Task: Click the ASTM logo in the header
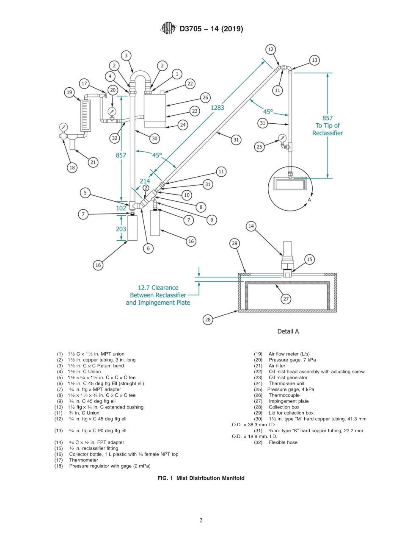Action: [x=168, y=29]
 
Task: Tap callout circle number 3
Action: [x=126, y=56]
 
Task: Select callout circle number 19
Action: [x=69, y=92]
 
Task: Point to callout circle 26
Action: [x=205, y=97]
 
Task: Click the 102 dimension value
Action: [x=121, y=208]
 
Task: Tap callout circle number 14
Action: [x=251, y=226]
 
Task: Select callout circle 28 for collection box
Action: [x=208, y=320]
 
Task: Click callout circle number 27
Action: [x=286, y=299]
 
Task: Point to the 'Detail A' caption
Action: [x=288, y=331]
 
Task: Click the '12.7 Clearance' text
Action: [x=154, y=287]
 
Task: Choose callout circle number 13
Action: [x=314, y=60]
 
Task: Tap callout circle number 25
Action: [x=260, y=147]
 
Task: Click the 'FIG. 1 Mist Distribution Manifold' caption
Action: [x=201, y=478]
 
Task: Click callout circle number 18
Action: [x=72, y=167]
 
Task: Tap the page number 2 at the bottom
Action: [x=201, y=521]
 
